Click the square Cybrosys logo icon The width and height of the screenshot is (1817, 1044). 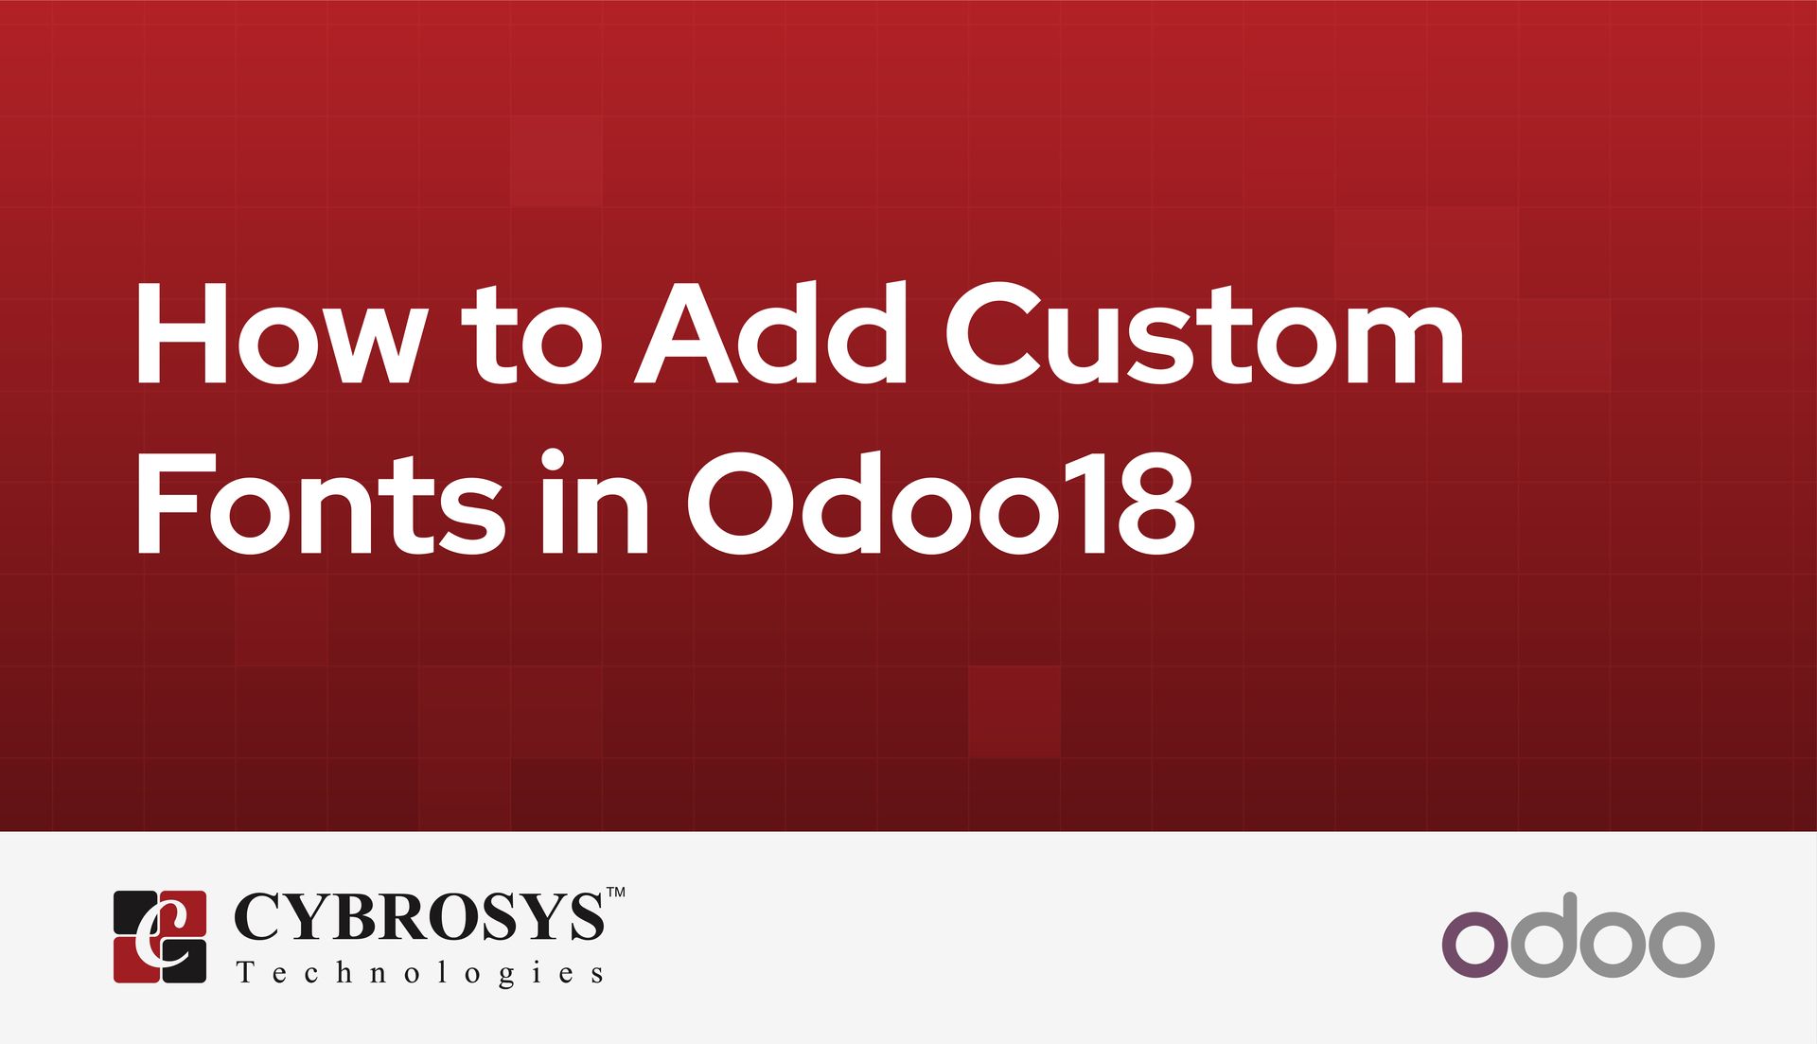click(x=160, y=936)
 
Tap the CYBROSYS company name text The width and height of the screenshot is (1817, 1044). click(x=417, y=916)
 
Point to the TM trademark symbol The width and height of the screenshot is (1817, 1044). click(x=615, y=892)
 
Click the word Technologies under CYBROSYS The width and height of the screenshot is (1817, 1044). click(x=419, y=973)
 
